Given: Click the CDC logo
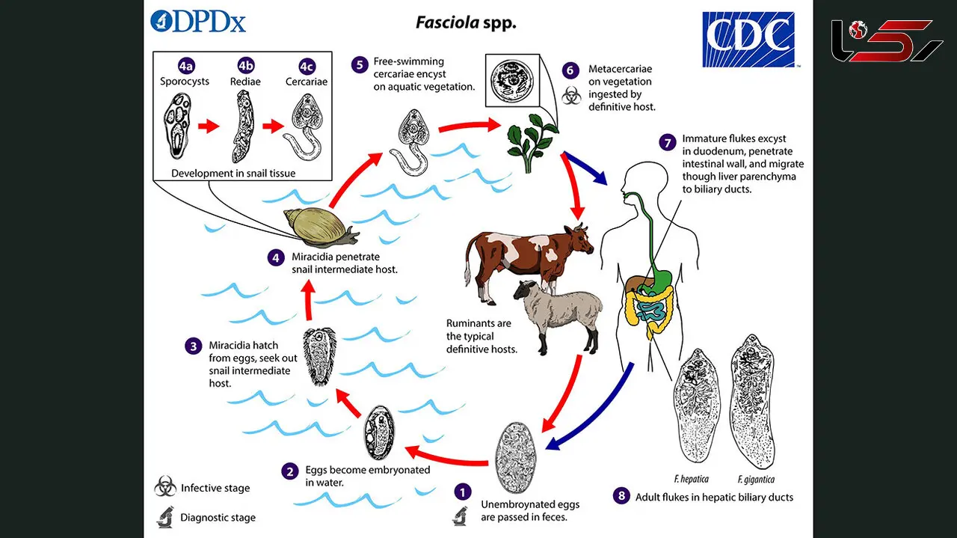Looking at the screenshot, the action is tap(748, 40).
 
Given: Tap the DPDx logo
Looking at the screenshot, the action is tap(198, 22).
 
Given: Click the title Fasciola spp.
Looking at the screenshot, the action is tap(466, 22).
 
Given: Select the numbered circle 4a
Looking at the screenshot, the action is tap(186, 67).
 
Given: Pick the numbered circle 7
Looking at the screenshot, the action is tap(668, 142).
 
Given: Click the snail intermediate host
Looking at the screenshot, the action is tap(321, 227).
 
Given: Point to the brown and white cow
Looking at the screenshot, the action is tap(529, 261).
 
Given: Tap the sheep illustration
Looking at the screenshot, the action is tap(558, 315).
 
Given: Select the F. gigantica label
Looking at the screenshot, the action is tap(756, 480).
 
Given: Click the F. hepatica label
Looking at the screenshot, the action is tap(691, 479).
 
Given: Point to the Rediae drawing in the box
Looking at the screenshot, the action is tap(244, 127).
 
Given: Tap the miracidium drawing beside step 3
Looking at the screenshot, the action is tap(319, 357).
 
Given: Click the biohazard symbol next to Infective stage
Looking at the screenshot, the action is tap(165, 486).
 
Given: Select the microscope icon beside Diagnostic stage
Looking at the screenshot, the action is tap(165, 516).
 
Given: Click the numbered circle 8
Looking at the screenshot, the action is tap(621, 496).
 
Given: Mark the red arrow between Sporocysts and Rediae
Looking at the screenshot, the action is tap(209, 126).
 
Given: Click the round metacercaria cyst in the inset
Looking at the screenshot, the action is tap(512, 80).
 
